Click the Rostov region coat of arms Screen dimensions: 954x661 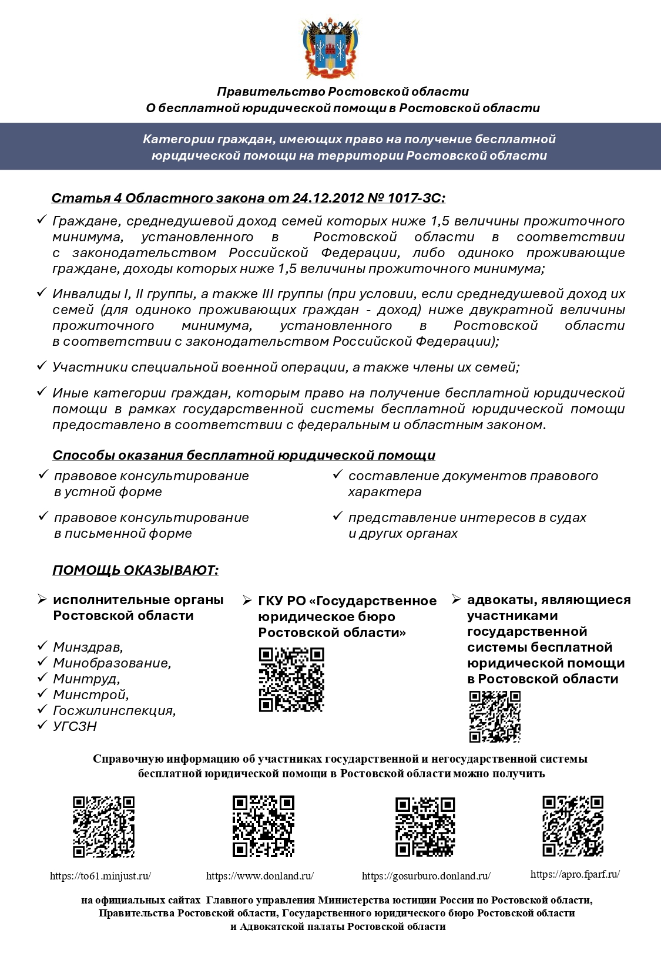click(x=330, y=49)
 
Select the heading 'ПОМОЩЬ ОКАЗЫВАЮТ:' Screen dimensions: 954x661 click(x=135, y=570)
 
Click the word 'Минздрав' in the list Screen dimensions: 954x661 click(x=88, y=647)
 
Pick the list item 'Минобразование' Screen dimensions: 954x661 click(x=112, y=663)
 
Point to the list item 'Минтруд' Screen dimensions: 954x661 click(x=86, y=679)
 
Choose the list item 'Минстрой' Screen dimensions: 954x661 click(x=90, y=695)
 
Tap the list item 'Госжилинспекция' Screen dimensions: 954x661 click(x=114, y=710)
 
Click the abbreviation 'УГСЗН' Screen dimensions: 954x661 click(x=75, y=726)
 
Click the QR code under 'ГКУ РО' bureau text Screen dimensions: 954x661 click(x=291, y=680)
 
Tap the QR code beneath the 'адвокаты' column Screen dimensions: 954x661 click(x=495, y=717)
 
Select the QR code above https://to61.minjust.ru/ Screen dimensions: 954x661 click(x=103, y=827)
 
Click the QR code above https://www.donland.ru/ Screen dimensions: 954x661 click(x=263, y=827)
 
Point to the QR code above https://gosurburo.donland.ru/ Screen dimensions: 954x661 click(x=425, y=827)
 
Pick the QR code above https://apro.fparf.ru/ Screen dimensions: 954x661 click(x=573, y=826)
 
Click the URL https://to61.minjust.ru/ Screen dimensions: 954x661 click(x=100, y=876)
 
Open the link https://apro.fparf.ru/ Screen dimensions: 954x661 click(x=575, y=874)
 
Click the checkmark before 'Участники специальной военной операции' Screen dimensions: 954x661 click(x=42, y=366)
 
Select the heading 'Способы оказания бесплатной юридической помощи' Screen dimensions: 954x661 click(x=244, y=455)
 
